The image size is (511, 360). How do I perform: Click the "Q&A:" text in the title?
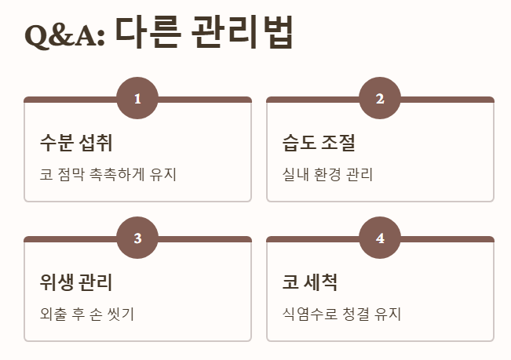[x=65, y=35]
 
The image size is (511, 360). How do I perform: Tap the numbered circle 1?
[x=137, y=99]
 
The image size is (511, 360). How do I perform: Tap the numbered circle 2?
[x=380, y=99]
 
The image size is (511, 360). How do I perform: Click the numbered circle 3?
[x=137, y=238]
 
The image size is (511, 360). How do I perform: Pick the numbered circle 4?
[x=380, y=238]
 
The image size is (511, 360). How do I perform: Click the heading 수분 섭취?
[x=76, y=143]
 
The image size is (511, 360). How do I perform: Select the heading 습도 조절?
[x=319, y=143]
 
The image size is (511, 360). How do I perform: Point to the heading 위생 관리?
[x=76, y=282]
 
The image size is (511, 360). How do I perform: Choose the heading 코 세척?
[x=309, y=282]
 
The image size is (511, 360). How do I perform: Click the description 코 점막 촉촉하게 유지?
[x=108, y=174]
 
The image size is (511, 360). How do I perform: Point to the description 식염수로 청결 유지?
[x=341, y=315]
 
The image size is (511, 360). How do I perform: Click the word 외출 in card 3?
[x=53, y=315]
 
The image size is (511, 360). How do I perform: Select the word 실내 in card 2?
[x=295, y=174]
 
